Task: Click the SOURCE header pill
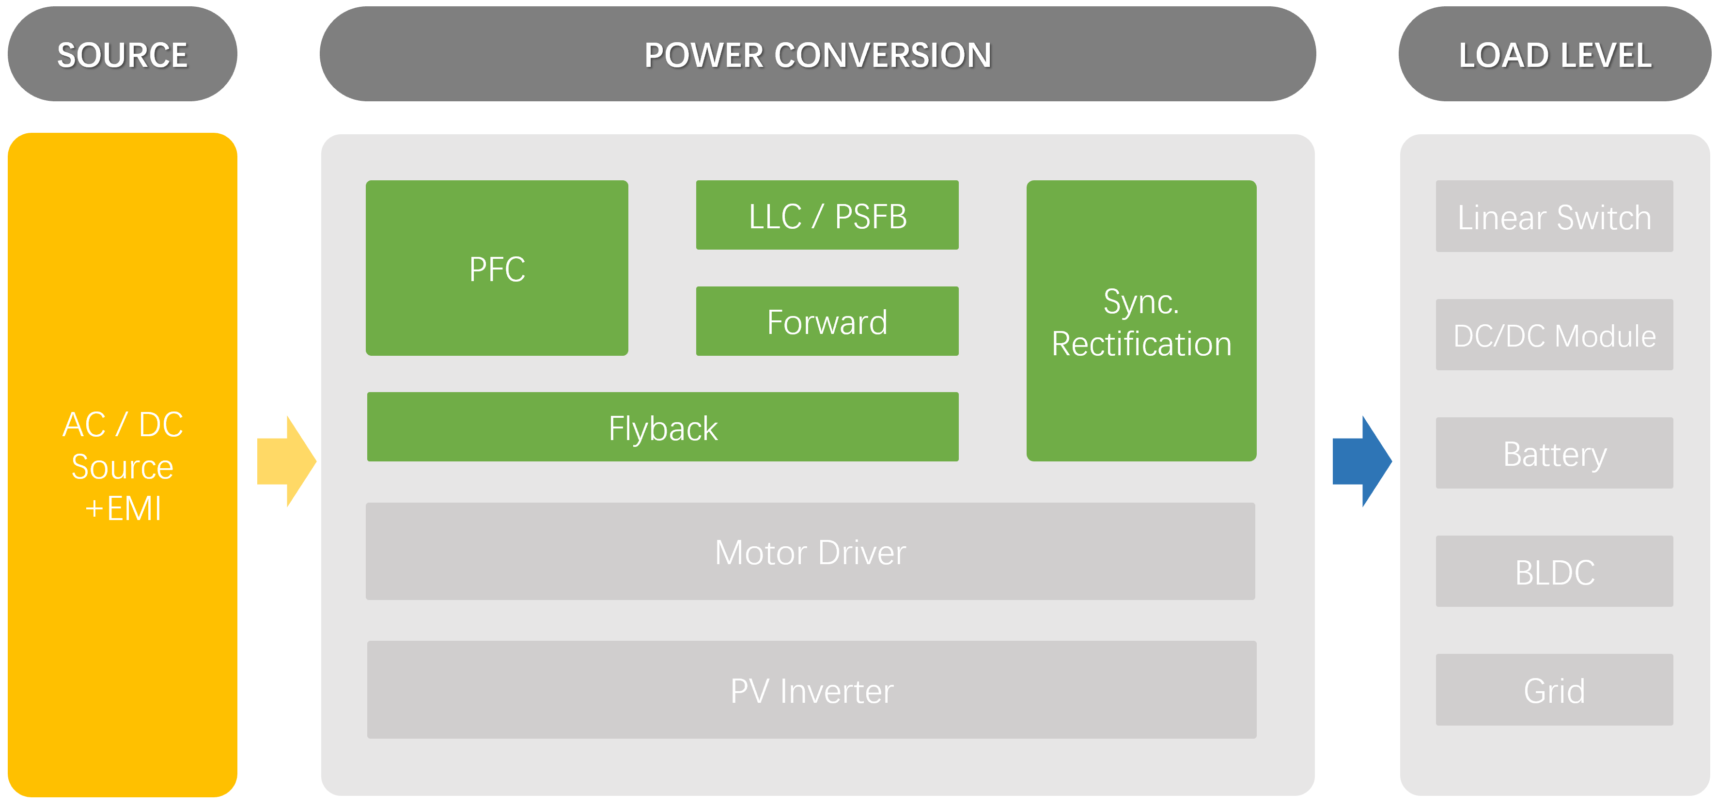[x=122, y=54]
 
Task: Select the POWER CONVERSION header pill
[x=817, y=54]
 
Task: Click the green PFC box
[x=497, y=268]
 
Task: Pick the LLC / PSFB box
[x=827, y=215]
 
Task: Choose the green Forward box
[x=827, y=321]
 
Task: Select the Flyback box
[x=663, y=427]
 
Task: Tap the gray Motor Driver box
[x=810, y=552]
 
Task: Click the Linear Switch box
[x=1554, y=217]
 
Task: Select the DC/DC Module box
[x=1554, y=335]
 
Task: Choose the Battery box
[x=1554, y=454]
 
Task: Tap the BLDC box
[x=1554, y=571]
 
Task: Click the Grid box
[x=1554, y=690]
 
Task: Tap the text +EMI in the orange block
[x=124, y=509]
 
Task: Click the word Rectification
[x=1141, y=344]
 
